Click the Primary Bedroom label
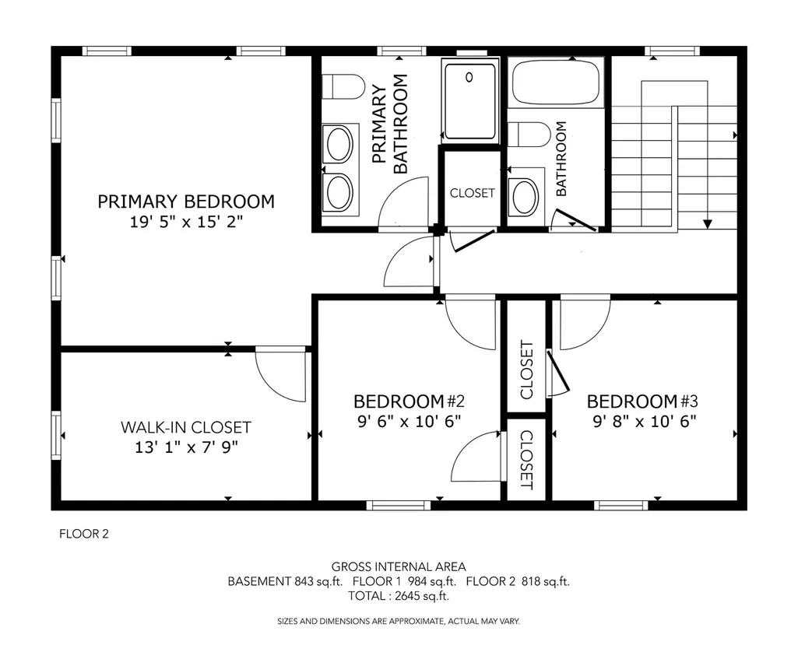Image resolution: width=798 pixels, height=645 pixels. coord(186,202)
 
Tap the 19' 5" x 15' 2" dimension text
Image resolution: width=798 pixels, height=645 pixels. coord(186,223)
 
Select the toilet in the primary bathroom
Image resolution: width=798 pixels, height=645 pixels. coord(343,86)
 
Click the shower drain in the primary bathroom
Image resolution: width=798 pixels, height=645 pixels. coord(469,77)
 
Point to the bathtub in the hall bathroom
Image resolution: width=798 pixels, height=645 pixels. coord(556,82)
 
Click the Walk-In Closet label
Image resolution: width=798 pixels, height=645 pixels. coord(186,427)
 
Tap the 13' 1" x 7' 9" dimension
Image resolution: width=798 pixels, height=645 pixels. coord(186,447)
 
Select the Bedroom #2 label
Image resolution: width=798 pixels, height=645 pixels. coord(409,401)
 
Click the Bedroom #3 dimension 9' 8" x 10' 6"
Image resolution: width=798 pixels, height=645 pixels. coord(645,422)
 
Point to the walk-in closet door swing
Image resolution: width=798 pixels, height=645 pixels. coord(281,374)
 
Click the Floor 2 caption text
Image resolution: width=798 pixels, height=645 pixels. coord(84,534)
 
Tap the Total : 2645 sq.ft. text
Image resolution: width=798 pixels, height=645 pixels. coord(399,596)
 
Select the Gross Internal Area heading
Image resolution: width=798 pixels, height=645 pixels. coord(399,566)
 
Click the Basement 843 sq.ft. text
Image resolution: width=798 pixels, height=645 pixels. coord(285,581)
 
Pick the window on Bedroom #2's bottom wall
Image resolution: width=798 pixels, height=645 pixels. coord(399,505)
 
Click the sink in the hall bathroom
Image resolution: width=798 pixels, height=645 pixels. coord(525,196)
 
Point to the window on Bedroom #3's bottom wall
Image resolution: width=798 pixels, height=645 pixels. coord(621,505)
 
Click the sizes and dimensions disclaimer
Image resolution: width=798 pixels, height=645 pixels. coord(399,621)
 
